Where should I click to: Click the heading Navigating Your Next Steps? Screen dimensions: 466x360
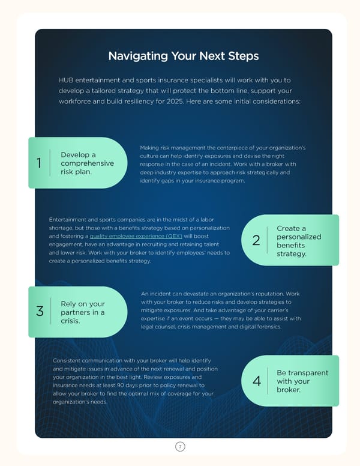183,56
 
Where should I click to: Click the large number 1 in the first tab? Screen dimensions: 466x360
39,163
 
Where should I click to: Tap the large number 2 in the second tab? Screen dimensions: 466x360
256,241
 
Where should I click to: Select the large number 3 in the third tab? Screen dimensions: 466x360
40,312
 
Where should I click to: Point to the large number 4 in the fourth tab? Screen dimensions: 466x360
256,381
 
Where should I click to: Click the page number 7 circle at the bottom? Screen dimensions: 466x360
179,446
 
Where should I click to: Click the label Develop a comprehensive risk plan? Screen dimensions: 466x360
87,163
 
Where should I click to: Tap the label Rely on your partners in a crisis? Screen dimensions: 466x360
83,312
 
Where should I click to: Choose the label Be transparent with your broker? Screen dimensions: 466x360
302,381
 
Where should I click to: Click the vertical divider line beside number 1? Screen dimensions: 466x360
50,163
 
